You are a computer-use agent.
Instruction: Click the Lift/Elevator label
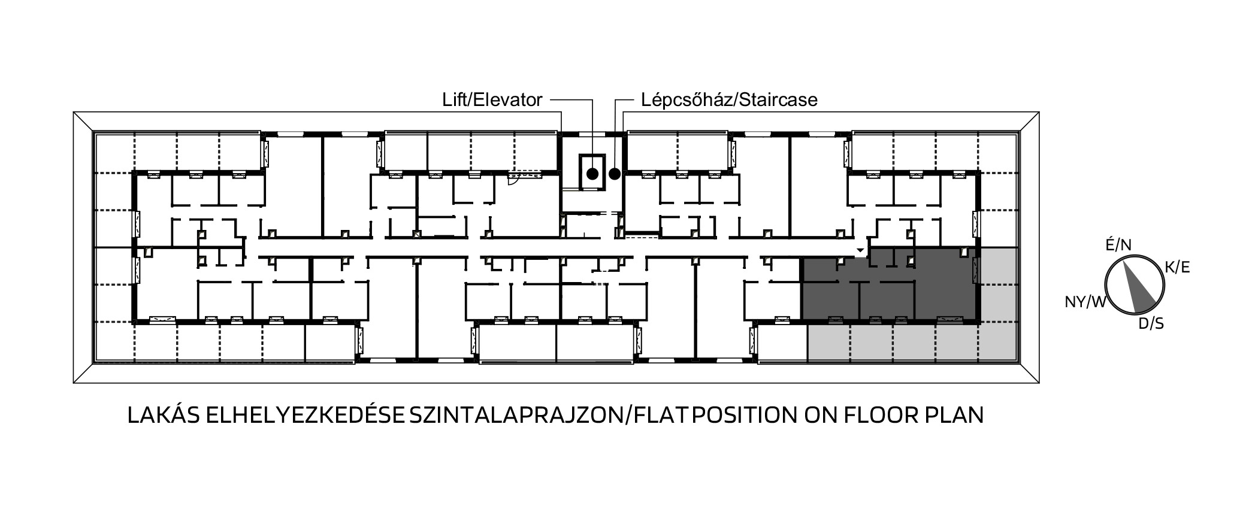(492, 99)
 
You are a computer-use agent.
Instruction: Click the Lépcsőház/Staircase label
(729, 99)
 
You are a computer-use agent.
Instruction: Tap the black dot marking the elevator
(592, 174)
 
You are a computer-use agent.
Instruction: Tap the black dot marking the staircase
(615, 174)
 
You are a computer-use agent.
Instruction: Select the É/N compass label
(1118, 245)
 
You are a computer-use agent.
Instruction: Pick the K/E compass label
(1177, 268)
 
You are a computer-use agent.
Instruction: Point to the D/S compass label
(1151, 324)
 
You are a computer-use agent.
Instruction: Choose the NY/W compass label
(1085, 302)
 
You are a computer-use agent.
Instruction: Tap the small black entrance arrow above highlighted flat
(860, 250)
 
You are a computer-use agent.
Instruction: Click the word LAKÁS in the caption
(163, 416)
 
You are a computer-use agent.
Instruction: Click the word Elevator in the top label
(508, 99)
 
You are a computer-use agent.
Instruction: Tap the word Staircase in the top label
(778, 99)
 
